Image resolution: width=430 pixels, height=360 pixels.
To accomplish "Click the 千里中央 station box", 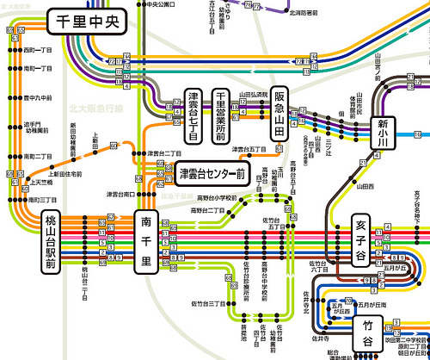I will [x=86, y=20].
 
